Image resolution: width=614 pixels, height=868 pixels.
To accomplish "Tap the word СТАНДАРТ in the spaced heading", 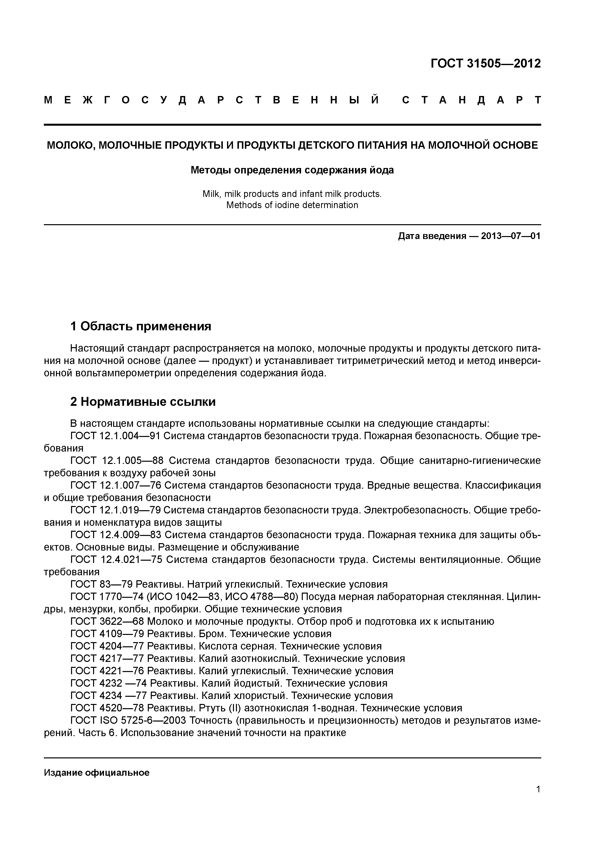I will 471,100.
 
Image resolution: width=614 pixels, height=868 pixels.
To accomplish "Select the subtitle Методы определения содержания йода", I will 292,170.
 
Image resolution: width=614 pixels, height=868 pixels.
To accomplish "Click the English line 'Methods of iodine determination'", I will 292,205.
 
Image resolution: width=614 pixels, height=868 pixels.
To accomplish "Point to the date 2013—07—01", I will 511,236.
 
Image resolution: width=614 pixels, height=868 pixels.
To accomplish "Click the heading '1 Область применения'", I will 141,326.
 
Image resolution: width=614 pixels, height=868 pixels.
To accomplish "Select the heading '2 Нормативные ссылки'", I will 143,402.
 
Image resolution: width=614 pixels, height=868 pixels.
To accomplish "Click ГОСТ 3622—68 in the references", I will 107,622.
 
